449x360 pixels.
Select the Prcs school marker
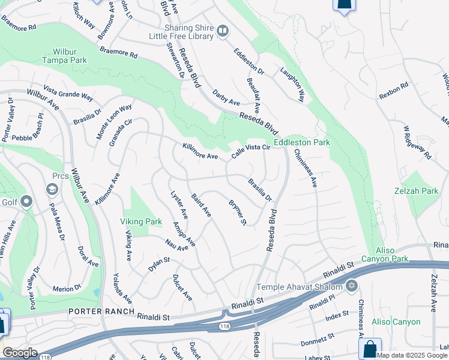point(52,190)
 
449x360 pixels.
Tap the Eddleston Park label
point(302,143)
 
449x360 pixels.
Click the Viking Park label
point(140,221)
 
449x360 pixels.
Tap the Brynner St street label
point(237,212)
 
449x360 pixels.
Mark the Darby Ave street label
point(226,98)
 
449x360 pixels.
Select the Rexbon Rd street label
point(393,91)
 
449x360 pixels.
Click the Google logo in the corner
point(20,353)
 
